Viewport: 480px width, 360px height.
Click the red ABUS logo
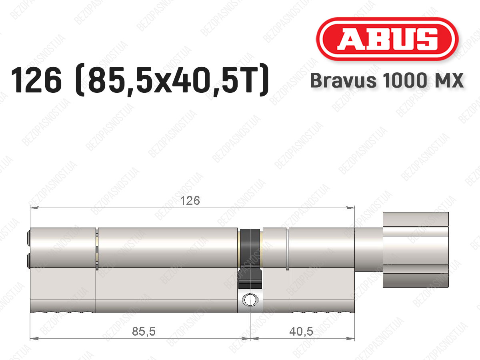pyautogui.click(x=387, y=39)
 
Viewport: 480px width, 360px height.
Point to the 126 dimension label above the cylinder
pyautogui.click(x=190, y=200)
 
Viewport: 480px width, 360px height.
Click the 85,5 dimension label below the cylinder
pyautogui.click(x=144, y=331)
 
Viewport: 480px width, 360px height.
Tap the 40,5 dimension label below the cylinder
pyautogui.click(x=301, y=331)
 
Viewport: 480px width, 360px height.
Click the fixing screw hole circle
pyautogui.click(x=250, y=300)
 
